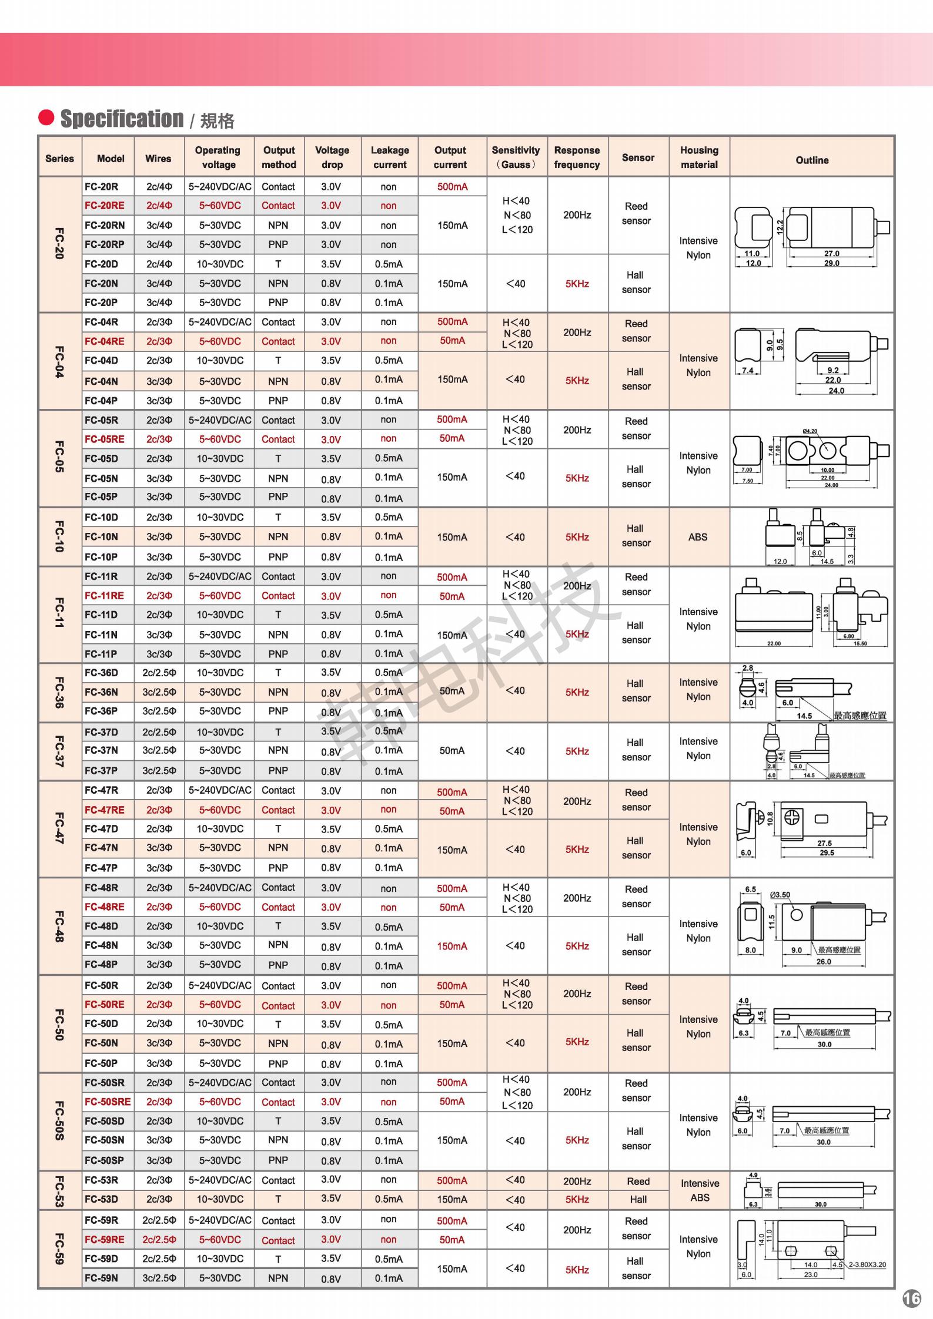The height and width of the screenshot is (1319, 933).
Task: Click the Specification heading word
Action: (x=122, y=119)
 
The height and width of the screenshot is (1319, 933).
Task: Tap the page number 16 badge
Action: (x=911, y=1298)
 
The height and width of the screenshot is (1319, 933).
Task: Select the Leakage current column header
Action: (x=389, y=157)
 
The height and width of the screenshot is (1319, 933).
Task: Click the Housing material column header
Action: (x=699, y=157)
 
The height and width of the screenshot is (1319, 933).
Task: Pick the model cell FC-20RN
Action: (x=105, y=225)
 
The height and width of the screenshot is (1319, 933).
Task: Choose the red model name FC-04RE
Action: (x=104, y=341)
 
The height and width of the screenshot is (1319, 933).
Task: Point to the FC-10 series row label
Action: (x=59, y=536)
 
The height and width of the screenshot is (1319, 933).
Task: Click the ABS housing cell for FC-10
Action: (x=698, y=537)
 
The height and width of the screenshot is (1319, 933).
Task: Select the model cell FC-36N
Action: (x=101, y=692)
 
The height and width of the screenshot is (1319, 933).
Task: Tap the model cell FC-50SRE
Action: (x=108, y=1102)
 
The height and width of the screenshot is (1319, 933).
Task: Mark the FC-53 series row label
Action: (x=59, y=1192)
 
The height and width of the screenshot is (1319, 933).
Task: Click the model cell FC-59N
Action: (x=101, y=1278)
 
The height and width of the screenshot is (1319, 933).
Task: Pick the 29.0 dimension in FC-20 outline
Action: (x=831, y=263)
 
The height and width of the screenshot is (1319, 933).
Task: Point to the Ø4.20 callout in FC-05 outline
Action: (x=810, y=431)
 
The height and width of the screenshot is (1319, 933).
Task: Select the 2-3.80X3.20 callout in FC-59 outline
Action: (x=867, y=1264)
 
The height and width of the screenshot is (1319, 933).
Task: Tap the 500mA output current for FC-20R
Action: (x=452, y=187)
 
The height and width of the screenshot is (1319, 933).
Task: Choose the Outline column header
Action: (x=812, y=160)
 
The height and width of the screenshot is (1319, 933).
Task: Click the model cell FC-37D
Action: (x=101, y=732)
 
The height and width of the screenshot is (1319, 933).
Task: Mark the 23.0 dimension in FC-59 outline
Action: (x=811, y=1274)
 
